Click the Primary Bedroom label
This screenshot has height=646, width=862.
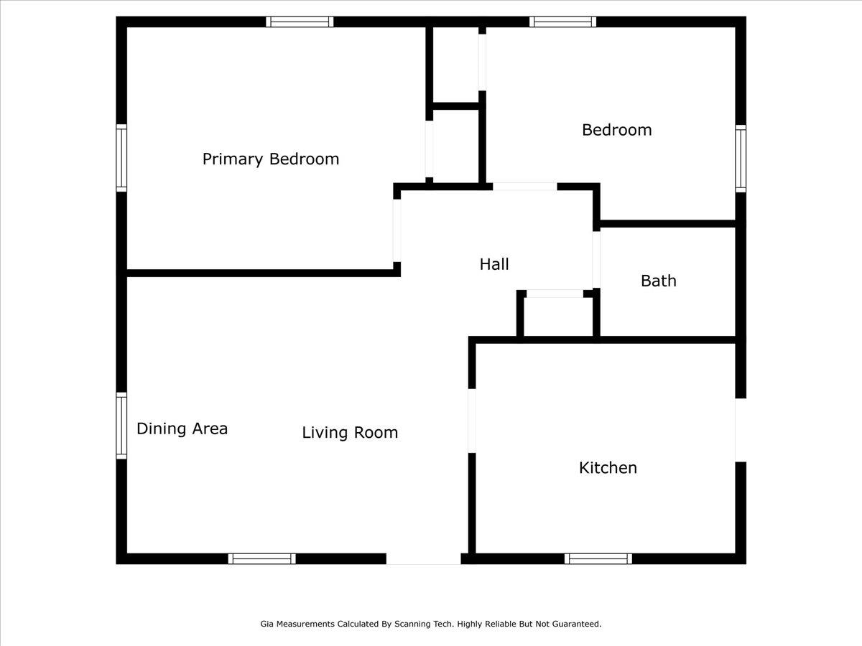pyautogui.click(x=270, y=159)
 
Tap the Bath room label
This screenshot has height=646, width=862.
pyautogui.click(x=658, y=281)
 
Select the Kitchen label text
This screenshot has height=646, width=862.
pyautogui.click(x=608, y=468)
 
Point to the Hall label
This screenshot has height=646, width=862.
pyautogui.click(x=494, y=264)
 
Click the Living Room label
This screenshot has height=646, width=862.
pyautogui.click(x=350, y=433)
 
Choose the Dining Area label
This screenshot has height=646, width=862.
pyautogui.click(x=182, y=429)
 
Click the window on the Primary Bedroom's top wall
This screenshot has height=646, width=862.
pyautogui.click(x=300, y=22)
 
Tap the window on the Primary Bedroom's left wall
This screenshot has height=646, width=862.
pyautogui.click(x=121, y=158)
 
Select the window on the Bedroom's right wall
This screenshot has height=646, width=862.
pyautogui.click(x=741, y=158)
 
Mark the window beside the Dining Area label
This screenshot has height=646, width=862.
pyautogui.click(x=121, y=426)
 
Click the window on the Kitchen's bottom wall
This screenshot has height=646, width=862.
pyautogui.click(x=598, y=558)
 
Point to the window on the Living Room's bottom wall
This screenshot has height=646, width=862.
pyautogui.click(x=262, y=558)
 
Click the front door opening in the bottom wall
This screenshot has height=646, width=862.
pyautogui.click(x=423, y=558)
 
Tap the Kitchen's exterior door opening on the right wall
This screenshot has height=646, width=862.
pyautogui.click(x=741, y=430)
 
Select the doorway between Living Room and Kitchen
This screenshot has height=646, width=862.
pyautogui.click(x=472, y=421)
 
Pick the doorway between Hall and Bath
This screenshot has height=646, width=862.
pyautogui.click(x=596, y=259)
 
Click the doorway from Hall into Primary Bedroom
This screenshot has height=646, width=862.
pyautogui.click(x=397, y=230)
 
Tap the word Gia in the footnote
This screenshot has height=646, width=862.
pyautogui.click(x=267, y=624)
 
